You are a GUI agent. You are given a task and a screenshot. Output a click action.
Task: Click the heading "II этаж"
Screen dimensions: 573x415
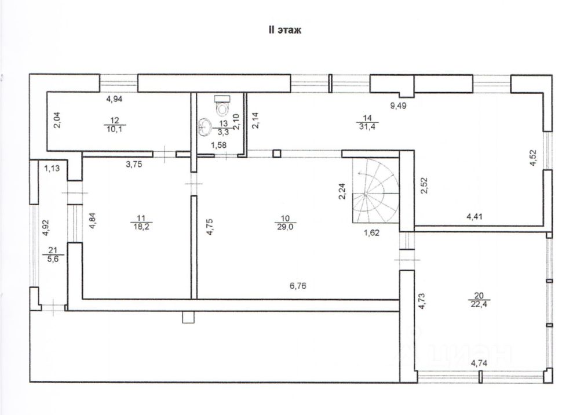click(x=284, y=31)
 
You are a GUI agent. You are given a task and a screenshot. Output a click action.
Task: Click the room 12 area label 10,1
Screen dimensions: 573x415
click(x=115, y=129)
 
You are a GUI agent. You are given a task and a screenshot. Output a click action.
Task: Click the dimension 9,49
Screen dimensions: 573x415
click(x=399, y=105)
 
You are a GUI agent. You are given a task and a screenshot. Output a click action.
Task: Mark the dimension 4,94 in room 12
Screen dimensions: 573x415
click(x=115, y=99)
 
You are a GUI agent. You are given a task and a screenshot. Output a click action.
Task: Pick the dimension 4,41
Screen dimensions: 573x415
click(x=476, y=217)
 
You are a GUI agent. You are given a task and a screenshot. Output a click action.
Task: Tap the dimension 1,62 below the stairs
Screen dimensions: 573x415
click(x=371, y=233)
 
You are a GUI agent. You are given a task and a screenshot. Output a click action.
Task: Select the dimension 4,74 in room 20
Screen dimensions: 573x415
click(x=479, y=363)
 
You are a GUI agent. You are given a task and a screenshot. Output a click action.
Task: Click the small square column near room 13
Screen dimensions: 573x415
click(x=277, y=154)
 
